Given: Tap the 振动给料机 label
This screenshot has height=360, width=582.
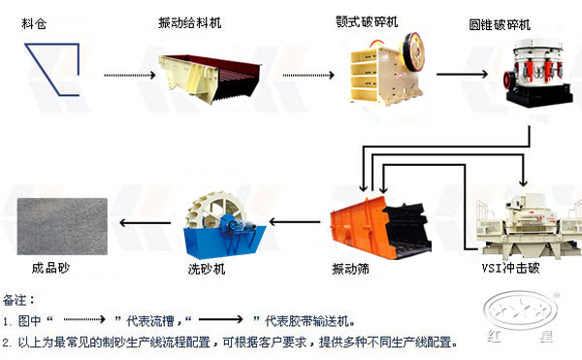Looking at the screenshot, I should [190, 21].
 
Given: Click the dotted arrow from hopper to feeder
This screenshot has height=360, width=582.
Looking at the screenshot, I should [128, 73].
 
